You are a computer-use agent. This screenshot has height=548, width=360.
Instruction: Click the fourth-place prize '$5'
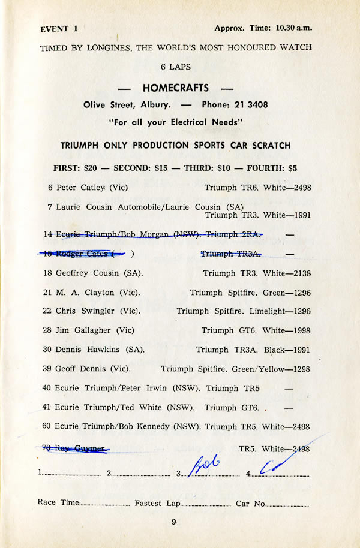292,168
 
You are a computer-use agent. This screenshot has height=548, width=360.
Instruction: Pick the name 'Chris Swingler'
83,311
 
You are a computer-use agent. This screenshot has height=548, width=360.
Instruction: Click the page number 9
174,522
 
